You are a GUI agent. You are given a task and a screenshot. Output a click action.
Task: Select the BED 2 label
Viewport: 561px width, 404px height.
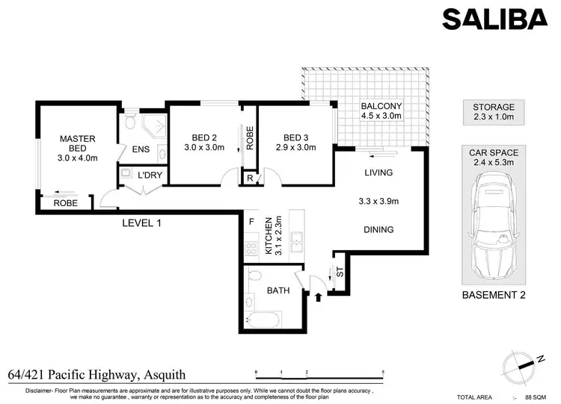[204, 142]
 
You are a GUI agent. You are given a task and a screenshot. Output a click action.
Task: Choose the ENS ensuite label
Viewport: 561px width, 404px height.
[141, 149]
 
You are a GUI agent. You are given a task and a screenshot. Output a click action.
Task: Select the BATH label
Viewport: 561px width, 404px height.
[278, 290]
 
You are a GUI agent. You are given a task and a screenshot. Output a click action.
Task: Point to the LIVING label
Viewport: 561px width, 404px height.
[378, 173]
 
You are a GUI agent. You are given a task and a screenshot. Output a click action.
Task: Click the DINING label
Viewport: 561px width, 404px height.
[379, 230]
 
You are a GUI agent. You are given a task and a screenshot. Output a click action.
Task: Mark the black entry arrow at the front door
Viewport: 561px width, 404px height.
[320, 297]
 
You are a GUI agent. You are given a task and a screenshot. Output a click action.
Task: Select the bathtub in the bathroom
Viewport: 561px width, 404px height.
[263, 320]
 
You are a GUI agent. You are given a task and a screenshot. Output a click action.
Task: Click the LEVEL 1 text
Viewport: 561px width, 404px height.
[141, 223]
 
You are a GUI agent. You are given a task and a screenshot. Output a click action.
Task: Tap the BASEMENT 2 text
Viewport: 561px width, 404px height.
[494, 295]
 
